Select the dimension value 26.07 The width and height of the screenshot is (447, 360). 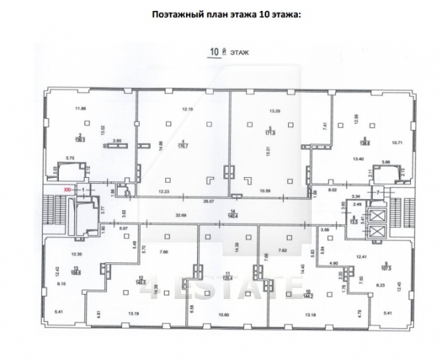[209, 200]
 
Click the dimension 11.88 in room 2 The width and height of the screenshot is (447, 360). [71, 109]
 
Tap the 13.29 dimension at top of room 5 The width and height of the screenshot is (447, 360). [276, 110]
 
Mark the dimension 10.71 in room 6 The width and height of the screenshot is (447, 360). [397, 143]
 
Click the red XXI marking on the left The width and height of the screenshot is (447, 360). [68, 189]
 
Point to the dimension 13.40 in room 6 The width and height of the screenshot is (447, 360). [359, 158]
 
